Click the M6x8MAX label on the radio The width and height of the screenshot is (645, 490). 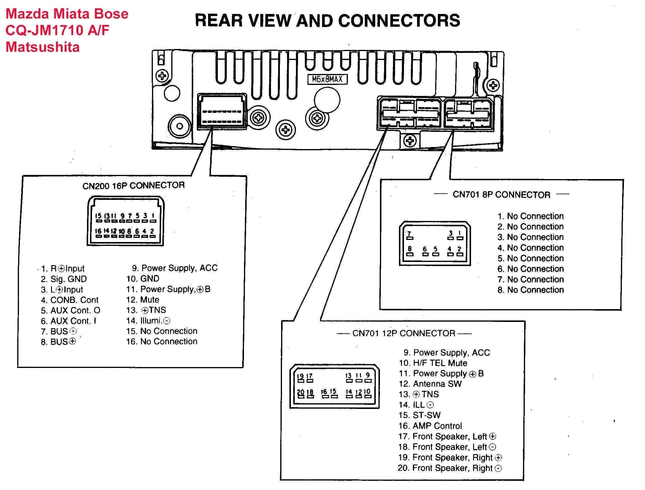click(x=327, y=79)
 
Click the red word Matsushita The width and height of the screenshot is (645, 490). click(x=43, y=47)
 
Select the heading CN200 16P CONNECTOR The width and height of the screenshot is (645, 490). click(x=133, y=186)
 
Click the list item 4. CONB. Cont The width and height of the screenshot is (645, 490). click(x=69, y=300)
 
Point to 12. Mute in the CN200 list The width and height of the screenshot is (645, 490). click(x=143, y=300)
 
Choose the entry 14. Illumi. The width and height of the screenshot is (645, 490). click(x=148, y=321)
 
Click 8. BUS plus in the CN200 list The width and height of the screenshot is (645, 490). click(x=58, y=342)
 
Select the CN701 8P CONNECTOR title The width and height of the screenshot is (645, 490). click(x=501, y=195)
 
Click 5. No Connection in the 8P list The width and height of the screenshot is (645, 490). click(x=530, y=258)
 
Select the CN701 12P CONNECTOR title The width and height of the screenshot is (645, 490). click(x=404, y=333)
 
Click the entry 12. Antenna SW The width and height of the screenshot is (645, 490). click(x=430, y=384)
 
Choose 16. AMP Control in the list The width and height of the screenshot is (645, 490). click(x=430, y=426)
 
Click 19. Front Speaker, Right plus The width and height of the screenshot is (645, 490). click(x=450, y=458)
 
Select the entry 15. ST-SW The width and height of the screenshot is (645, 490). click(x=419, y=415)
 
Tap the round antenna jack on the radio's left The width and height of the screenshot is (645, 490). click(x=180, y=126)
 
